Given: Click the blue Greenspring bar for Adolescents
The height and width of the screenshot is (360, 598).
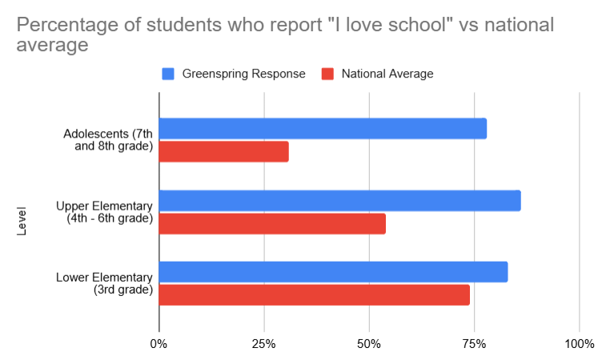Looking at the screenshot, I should (323, 129).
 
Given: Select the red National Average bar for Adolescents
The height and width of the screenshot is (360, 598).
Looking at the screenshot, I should (223, 151).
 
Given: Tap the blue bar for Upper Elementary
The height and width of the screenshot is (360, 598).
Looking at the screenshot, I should (339, 201).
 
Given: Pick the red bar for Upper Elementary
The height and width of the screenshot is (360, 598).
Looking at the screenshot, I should (272, 223).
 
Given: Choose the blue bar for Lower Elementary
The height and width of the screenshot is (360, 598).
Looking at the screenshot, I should (333, 272).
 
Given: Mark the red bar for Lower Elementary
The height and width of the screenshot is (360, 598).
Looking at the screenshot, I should (314, 294).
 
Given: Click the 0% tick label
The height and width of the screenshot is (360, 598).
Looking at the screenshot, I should (159, 345).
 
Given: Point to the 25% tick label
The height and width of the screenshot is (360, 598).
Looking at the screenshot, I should (264, 345).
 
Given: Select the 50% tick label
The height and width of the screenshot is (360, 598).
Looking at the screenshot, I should (369, 345).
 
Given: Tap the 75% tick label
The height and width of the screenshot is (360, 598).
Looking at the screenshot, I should (474, 345).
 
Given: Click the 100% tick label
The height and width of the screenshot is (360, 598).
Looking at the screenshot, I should (579, 345).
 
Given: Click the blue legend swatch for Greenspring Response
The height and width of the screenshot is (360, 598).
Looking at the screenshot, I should (168, 74).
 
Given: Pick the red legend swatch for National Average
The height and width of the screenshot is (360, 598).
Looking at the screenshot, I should (327, 74).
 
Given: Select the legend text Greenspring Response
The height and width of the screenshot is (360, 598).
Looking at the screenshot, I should (243, 74).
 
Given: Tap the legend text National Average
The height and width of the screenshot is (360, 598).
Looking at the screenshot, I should (387, 74).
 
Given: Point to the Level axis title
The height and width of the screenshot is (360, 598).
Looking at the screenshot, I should (22, 222).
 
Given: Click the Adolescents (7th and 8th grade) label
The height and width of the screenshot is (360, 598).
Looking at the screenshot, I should (108, 139).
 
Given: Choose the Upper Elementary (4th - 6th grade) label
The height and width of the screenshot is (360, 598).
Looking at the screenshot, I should (104, 211).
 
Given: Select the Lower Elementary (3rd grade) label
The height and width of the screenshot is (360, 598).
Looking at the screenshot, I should (104, 283).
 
